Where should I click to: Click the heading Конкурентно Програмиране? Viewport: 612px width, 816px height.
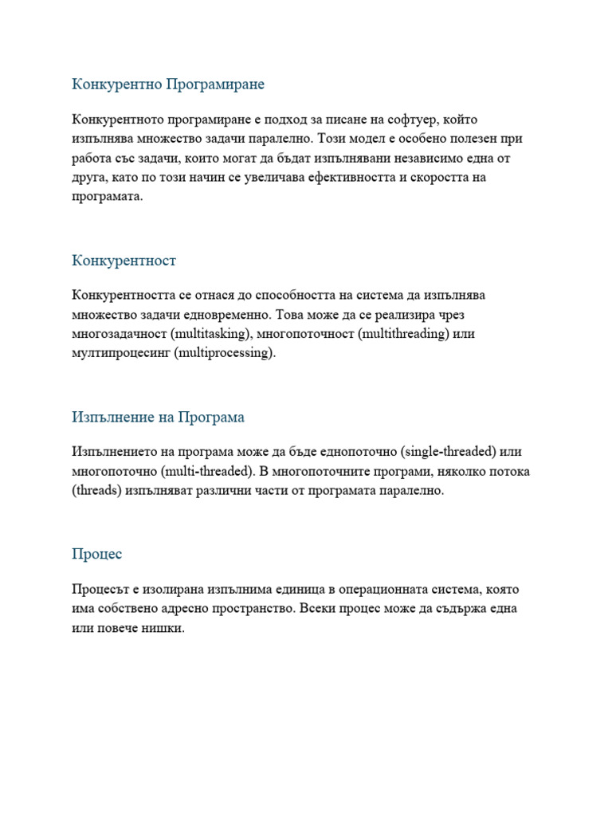click(168, 84)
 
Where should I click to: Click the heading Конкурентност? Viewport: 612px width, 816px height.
click(124, 261)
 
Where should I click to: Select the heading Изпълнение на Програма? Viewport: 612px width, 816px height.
click(158, 418)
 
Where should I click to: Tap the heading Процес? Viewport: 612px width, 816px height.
click(96, 554)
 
